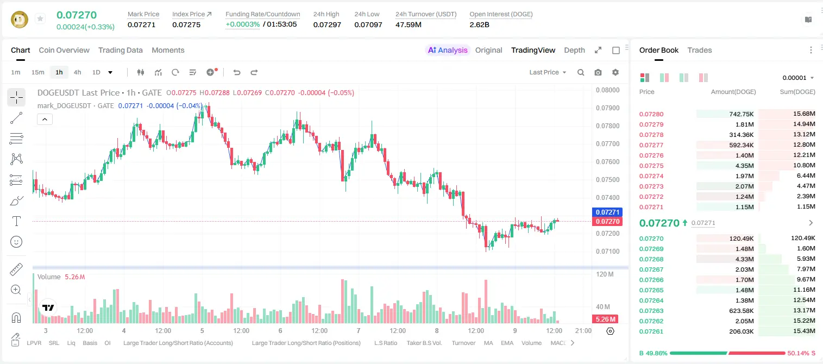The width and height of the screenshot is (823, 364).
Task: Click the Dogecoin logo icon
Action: click(x=20, y=20)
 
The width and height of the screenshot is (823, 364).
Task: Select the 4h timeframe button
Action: click(x=77, y=72)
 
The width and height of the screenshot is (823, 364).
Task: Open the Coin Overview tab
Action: click(x=64, y=51)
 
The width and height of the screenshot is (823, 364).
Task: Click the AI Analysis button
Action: click(x=448, y=51)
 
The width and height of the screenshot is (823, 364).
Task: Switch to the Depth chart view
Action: click(x=574, y=51)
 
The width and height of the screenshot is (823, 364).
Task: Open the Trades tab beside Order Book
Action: click(x=700, y=51)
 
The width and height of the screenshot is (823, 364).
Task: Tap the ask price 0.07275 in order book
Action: click(x=651, y=166)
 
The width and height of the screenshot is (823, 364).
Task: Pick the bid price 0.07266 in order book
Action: click(x=651, y=280)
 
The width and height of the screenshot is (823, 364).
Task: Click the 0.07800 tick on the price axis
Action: click(x=608, y=126)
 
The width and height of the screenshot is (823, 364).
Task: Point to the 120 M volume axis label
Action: click(x=605, y=274)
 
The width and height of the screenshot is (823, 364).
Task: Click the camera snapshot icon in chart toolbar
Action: click(x=598, y=72)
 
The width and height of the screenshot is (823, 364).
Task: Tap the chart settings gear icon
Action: click(x=615, y=72)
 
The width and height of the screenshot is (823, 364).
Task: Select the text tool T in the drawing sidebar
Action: click(x=16, y=221)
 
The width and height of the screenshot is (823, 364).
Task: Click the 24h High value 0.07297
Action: click(x=327, y=24)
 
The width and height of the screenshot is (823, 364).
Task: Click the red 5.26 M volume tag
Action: click(x=605, y=319)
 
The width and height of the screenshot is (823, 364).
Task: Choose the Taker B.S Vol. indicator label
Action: click(x=424, y=343)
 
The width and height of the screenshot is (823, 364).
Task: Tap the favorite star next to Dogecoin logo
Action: click(x=40, y=18)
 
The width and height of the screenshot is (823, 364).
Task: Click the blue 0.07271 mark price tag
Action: click(x=607, y=212)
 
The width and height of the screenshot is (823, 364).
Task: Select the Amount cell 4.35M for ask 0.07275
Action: click(x=744, y=166)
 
